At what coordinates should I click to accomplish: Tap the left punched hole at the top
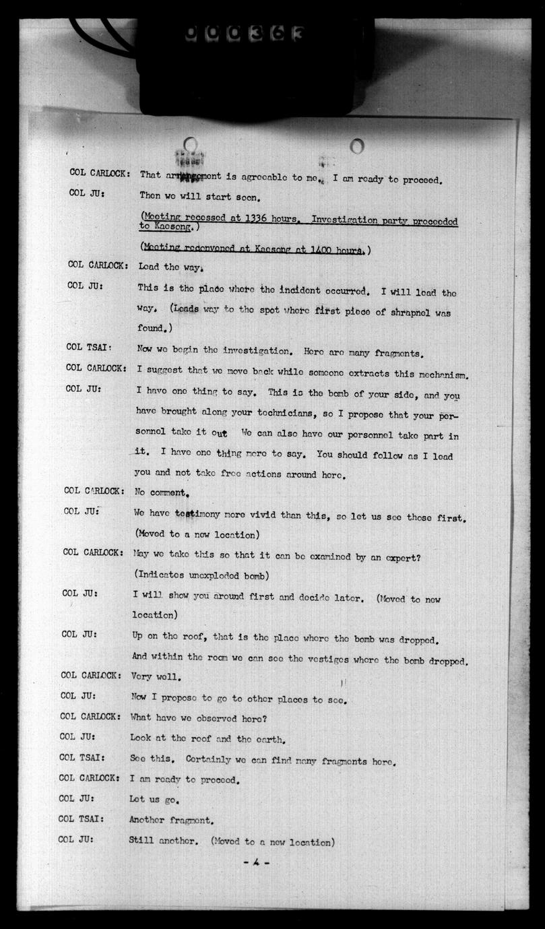(x=189, y=146)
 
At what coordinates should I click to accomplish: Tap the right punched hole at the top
(x=356, y=146)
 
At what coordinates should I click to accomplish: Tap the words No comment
(x=159, y=492)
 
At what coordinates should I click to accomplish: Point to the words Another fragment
(x=171, y=821)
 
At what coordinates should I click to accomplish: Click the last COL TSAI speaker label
(x=81, y=820)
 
